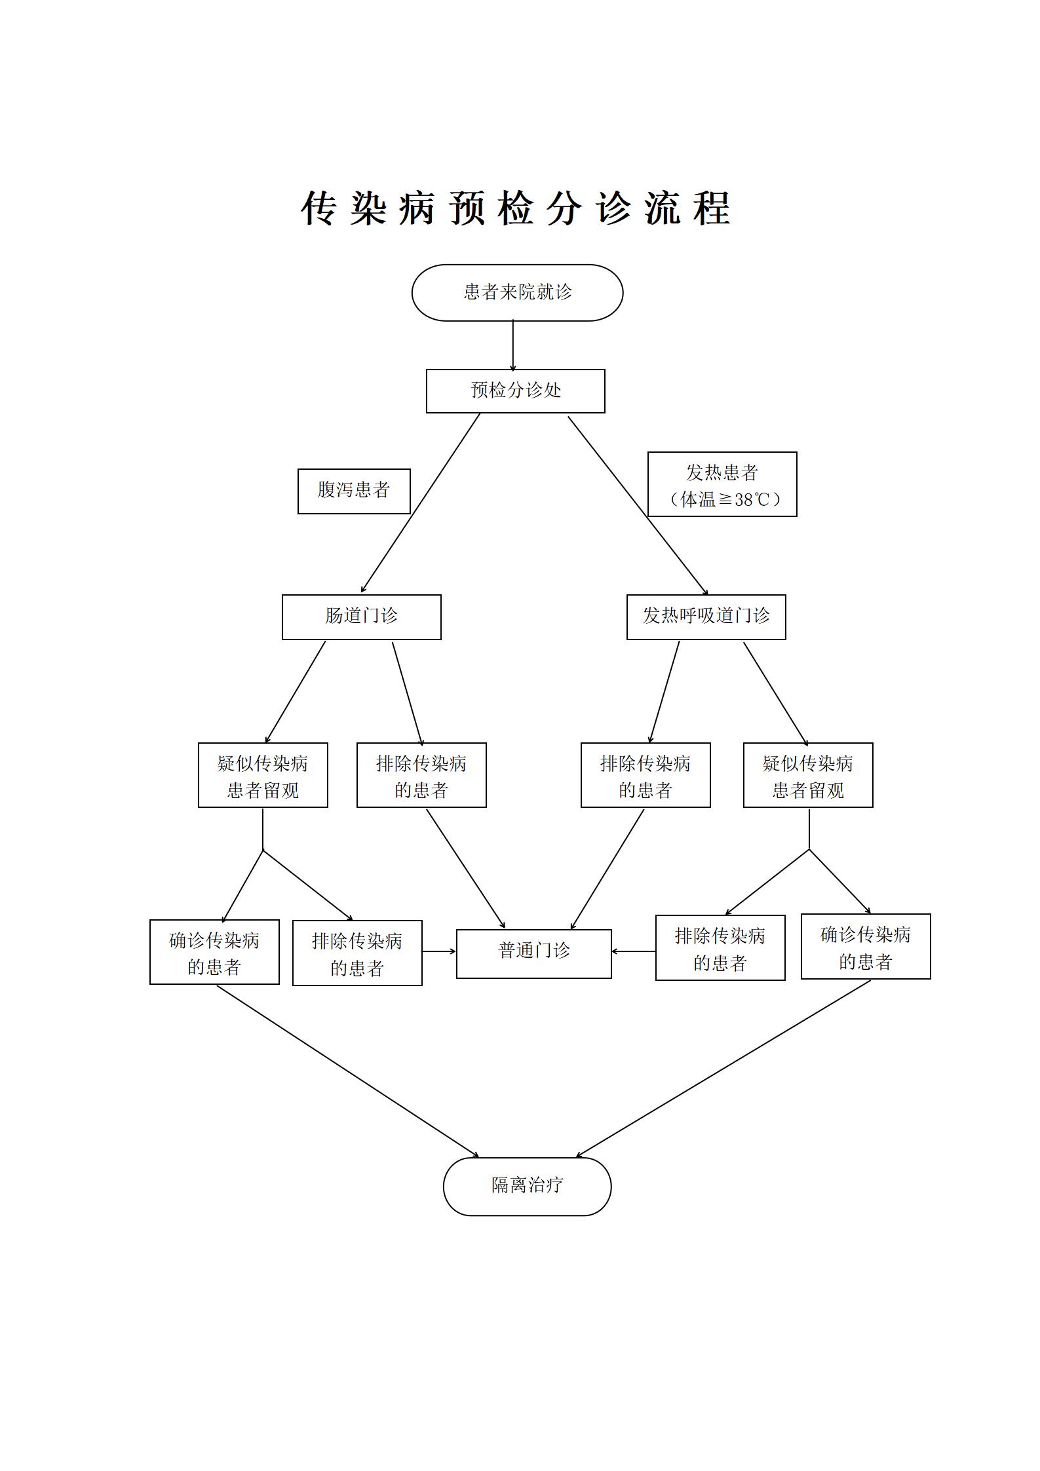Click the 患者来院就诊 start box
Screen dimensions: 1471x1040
517,292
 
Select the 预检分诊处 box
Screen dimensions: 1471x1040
515,391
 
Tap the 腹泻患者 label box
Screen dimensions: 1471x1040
354,491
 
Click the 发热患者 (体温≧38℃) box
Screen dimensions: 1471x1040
722,484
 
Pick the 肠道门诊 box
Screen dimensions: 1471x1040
361,617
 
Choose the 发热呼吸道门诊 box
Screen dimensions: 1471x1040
706,617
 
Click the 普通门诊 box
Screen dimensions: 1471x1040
533,953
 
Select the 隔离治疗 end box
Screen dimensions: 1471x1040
527,1186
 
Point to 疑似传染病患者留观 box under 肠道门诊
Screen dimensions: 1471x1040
263,775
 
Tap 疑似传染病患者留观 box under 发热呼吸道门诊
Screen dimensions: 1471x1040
807,775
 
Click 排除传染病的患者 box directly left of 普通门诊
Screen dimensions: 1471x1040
357,953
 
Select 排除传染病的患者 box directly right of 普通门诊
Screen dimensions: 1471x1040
720,947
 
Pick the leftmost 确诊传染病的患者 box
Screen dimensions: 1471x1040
214,952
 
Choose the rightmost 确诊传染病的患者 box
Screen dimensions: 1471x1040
865,947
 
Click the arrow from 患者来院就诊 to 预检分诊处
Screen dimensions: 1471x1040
512,345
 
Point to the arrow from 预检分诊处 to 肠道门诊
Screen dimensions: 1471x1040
421,503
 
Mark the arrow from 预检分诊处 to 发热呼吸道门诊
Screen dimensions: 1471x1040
638,505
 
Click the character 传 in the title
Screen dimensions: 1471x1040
319,209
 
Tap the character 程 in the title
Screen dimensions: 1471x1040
712,209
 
